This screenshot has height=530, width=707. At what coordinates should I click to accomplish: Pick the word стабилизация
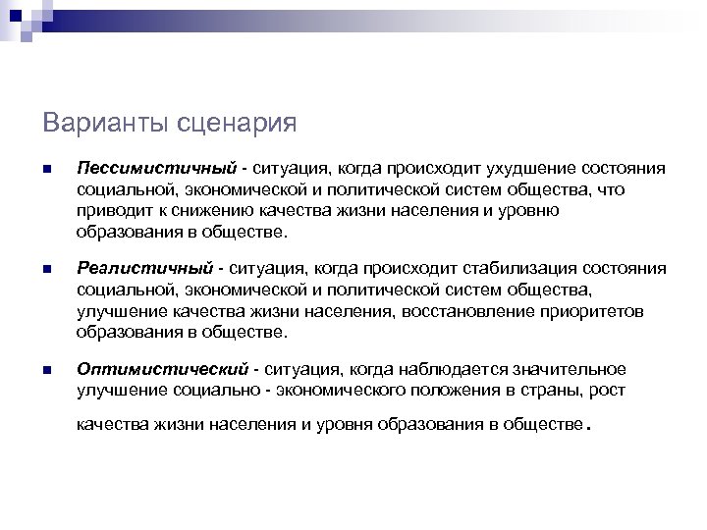(x=522, y=268)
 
